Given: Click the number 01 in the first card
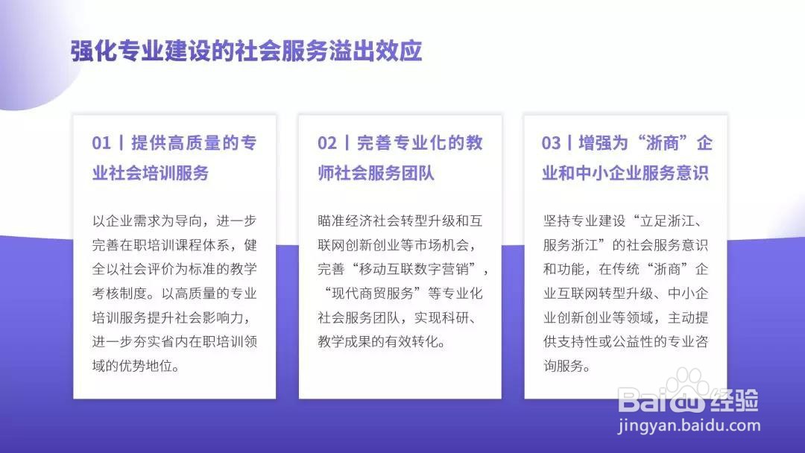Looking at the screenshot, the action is coord(101,142).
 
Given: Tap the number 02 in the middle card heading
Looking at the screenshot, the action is coord(327,142).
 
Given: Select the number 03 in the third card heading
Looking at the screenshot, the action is coord(551,142).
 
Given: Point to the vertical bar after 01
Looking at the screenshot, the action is coord(121,142).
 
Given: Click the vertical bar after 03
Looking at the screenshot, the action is coord(570,142).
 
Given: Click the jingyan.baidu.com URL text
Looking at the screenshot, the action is coord(689,426).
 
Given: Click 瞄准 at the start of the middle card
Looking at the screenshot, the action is coord(331,221).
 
